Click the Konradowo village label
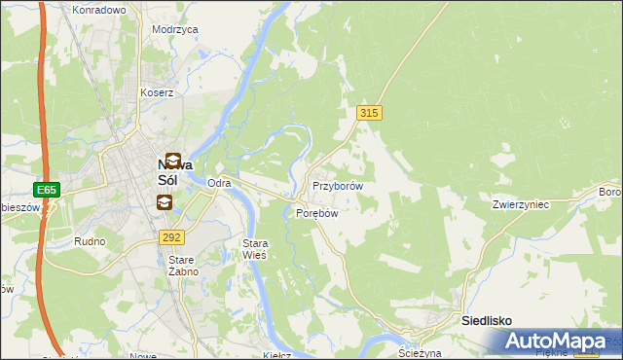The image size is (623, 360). (x=99, y=10)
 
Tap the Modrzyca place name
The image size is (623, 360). (x=175, y=29)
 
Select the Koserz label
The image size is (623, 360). (x=156, y=92)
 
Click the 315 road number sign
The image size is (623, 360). (x=368, y=113)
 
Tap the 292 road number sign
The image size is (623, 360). (x=172, y=236)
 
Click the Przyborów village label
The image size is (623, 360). (x=338, y=185)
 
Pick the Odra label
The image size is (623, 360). (x=219, y=183)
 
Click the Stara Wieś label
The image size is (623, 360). (x=254, y=248)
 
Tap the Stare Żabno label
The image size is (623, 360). (x=183, y=266)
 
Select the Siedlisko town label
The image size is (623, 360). (x=487, y=320)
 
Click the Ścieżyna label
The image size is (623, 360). (x=421, y=352)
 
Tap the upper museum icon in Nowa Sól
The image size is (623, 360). (x=172, y=160)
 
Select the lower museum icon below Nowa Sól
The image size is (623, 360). (x=164, y=202)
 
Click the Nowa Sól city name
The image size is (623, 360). (x=180, y=172)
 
